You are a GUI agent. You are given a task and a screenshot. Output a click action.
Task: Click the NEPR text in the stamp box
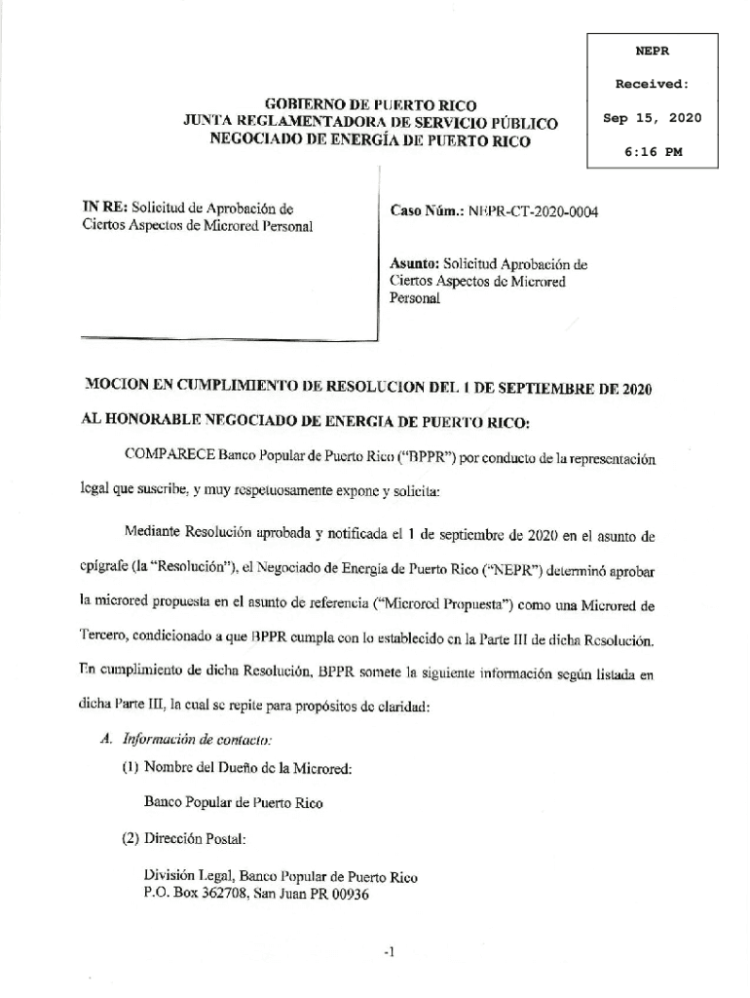coord(653,51)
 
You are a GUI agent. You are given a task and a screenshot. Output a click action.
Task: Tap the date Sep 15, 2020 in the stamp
coord(653,118)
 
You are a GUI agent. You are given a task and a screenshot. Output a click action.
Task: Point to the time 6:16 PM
coord(653,151)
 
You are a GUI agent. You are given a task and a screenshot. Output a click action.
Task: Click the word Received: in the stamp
coord(653,85)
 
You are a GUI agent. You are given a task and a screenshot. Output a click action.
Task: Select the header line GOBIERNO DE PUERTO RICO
coord(371,105)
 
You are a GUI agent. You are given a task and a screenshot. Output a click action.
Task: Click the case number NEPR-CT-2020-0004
coord(533,211)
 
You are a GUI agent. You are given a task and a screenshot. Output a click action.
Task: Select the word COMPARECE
coord(169,456)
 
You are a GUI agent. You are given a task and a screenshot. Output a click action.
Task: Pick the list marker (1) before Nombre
coord(131,768)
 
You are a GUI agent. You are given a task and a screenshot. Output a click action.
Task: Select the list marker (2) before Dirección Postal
coord(131,837)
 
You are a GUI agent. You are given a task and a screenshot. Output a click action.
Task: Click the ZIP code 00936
coord(350,896)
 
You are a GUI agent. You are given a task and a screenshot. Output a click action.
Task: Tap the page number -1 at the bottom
coord(388,953)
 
